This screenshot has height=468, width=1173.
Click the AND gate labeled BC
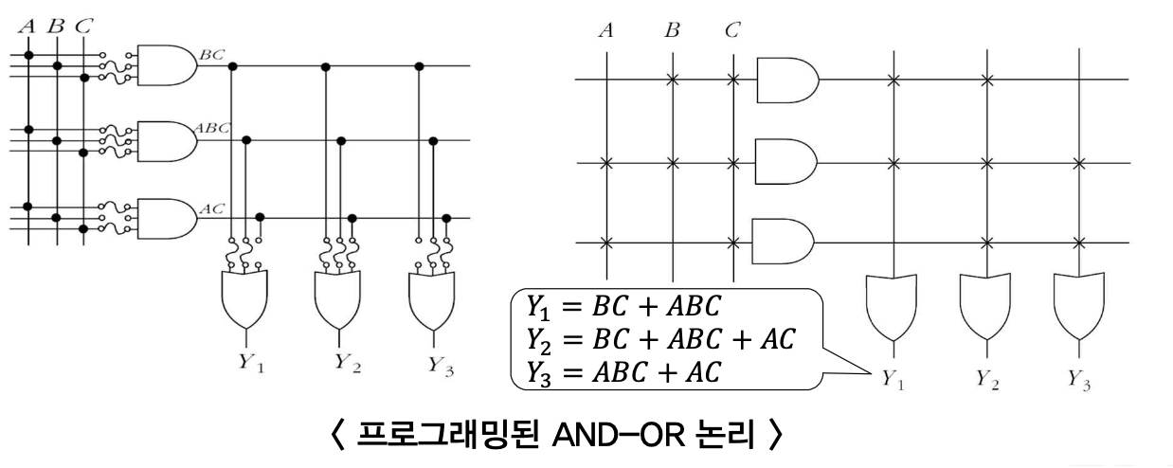pyautogui.click(x=167, y=65)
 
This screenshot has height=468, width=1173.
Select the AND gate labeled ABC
pyautogui.click(x=167, y=141)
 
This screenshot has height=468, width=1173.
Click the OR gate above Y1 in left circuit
pyautogui.click(x=244, y=297)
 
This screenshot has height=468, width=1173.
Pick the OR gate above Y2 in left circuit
pyautogui.click(x=338, y=297)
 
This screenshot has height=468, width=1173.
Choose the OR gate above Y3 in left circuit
pyautogui.click(x=431, y=297)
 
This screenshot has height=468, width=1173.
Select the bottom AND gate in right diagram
pyautogui.click(x=783, y=243)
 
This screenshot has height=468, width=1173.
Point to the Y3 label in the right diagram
pyautogui.click(x=1079, y=384)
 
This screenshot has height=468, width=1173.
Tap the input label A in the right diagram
pyautogui.click(x=605, y=30)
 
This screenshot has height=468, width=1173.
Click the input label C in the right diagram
pyautogui.click(x=731, y=30)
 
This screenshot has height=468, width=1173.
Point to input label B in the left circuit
pyautogui.click(x=55, y=26)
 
